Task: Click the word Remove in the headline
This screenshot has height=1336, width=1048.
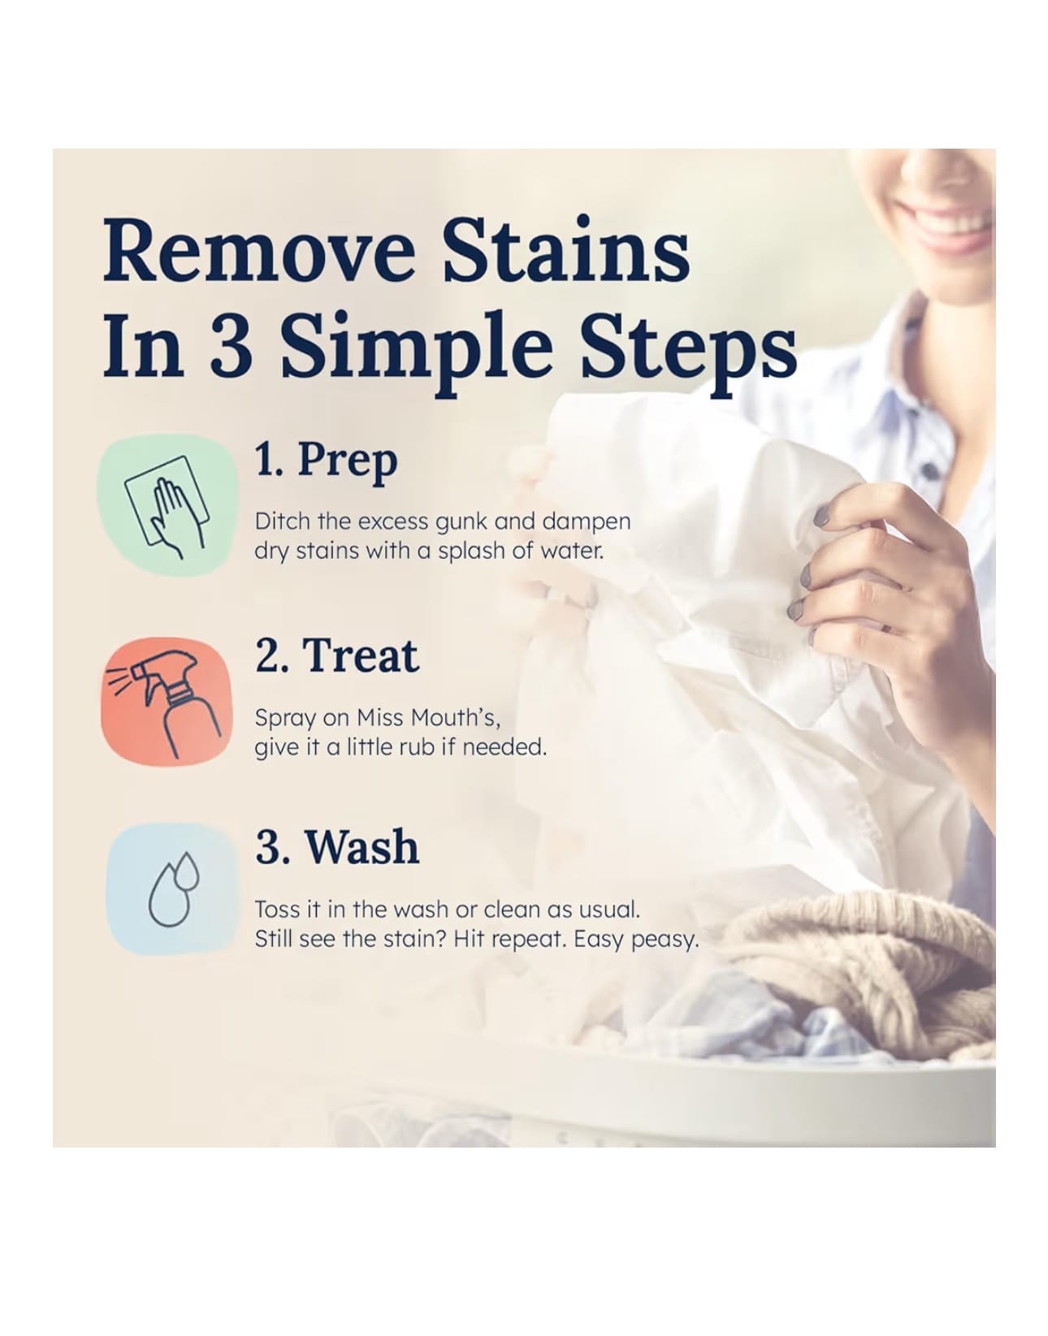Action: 258,251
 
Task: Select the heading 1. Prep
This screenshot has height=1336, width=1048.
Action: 326,461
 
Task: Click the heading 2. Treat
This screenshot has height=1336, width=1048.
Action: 337,655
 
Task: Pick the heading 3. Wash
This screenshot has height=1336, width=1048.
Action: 337,847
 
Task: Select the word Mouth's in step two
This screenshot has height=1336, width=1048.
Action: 451,717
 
